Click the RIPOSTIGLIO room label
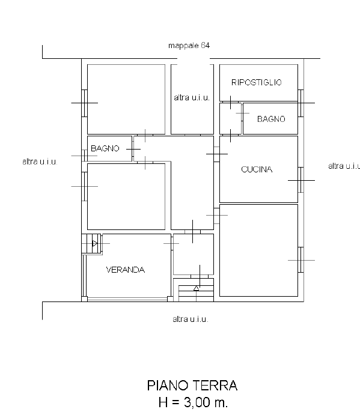coord(257,82)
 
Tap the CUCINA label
coord(257,169)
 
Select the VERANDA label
coord(126,270)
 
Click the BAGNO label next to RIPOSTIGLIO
coord(271,119)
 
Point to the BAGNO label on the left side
coord(105,148)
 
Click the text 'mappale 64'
coord(189,46)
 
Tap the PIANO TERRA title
coord(192,386)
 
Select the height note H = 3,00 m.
coord(193,402)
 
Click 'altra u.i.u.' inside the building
coord(192,98)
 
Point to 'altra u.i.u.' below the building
coord(191,320)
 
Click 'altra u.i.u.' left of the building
coord(40,162)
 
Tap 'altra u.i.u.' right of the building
coord(344,166)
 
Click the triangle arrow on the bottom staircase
coord(196,288)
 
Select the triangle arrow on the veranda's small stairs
coord(95,243)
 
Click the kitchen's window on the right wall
coord(301,180)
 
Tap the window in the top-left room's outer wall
coord(84,103)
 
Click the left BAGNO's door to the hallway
coord(133,149)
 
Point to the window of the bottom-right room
coord(301,260)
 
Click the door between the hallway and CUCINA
coord(217,154)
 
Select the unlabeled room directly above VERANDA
coord(126,196)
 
